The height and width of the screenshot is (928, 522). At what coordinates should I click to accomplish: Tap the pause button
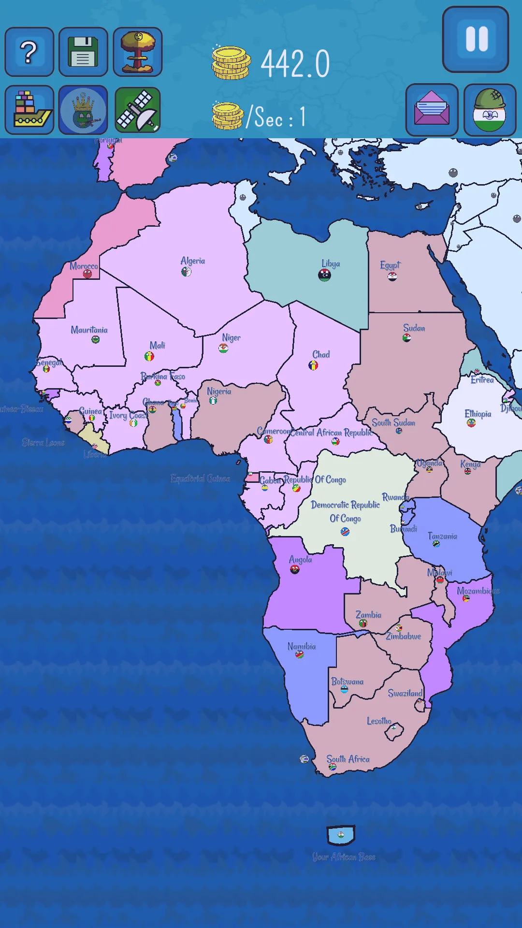coord(476,40)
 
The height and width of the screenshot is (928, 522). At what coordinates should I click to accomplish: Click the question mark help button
coord(29,52)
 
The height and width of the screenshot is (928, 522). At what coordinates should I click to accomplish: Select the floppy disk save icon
coord(83,52)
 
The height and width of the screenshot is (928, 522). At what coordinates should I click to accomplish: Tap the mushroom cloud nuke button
coord(138,52)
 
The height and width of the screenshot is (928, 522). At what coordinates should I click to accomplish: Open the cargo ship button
coord(29,110)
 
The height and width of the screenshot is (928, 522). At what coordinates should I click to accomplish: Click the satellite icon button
coord(138,110)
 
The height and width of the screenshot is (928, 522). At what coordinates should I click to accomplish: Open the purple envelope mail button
coord(432,110)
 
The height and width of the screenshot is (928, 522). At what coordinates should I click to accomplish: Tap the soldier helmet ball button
coord(490,110)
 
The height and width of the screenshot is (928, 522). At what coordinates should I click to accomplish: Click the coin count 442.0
coord(295,64)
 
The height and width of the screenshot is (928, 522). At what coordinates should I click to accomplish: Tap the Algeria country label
coord(192,261)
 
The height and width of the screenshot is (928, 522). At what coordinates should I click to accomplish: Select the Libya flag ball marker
coord(324,275)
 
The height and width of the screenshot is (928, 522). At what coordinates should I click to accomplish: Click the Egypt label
coord(390,265)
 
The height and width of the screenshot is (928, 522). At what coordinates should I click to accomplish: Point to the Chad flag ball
coord(313,365)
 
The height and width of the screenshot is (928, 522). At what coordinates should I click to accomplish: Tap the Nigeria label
coord(219,391)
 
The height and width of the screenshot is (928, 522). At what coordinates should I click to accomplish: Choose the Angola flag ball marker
coord(295,569)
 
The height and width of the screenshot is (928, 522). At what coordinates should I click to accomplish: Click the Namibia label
coord(301,646)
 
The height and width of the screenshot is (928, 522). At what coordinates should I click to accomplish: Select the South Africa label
coord(348,759)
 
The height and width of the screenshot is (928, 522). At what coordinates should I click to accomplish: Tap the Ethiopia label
coord(478,414)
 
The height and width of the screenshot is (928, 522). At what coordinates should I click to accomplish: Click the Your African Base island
coord(341,835)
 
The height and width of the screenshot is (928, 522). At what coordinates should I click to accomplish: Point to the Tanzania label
coord(442,536)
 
